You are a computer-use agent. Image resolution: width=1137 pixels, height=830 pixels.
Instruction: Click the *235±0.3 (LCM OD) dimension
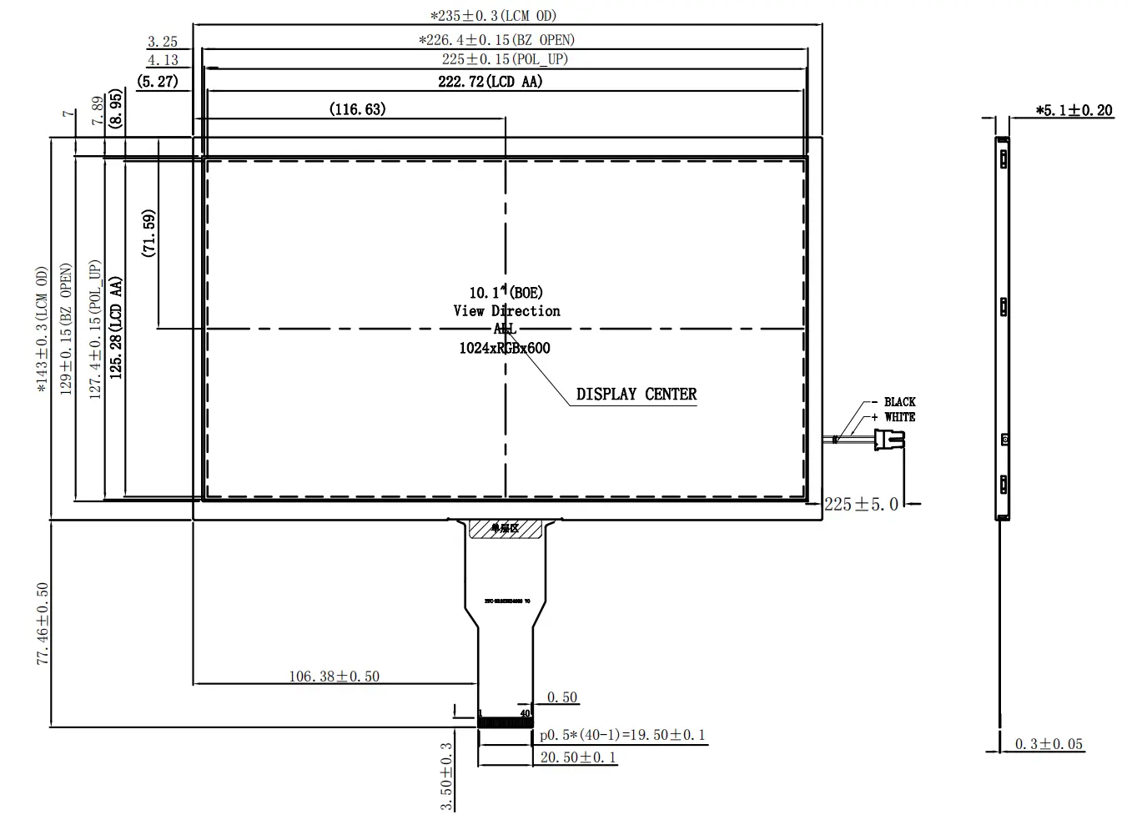coord(493,16)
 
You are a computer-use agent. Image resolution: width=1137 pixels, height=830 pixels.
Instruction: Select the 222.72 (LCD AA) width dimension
coord(491,81)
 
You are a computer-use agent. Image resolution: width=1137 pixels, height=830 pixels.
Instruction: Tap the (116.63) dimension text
coord(357,109)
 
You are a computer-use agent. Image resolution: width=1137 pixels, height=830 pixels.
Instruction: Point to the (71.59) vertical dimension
coord(149,233)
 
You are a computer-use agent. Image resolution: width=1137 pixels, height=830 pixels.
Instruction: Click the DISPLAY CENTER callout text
coord(636,395)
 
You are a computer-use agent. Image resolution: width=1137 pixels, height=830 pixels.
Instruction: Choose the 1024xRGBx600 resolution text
coord(505,349)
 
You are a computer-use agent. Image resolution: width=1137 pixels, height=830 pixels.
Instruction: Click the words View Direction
coord(506,311)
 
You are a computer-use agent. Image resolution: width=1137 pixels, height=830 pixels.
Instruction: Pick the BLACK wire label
coord(899,402)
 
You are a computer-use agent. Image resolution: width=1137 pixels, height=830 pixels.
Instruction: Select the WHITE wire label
coord(899,417)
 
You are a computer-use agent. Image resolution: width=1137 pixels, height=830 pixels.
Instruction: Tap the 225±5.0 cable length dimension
coord(861,504)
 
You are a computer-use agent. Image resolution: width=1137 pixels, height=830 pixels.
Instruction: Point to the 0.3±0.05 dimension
coord(1049,744)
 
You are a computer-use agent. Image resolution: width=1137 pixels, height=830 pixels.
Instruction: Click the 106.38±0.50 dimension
coord(334,677)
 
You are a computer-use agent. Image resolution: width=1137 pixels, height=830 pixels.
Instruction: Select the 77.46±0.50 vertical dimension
coord(43,623)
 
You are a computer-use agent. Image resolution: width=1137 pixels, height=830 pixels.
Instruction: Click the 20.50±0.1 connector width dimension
coord(578,757)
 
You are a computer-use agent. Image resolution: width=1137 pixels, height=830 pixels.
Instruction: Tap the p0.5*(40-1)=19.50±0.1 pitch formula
coord(622,735)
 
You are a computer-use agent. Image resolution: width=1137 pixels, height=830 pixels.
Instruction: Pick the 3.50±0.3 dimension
coord(447,777)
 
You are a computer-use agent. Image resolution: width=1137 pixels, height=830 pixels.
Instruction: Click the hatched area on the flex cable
coord(505,528)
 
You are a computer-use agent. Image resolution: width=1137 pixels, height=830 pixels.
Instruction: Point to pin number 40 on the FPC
coord(526,713)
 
